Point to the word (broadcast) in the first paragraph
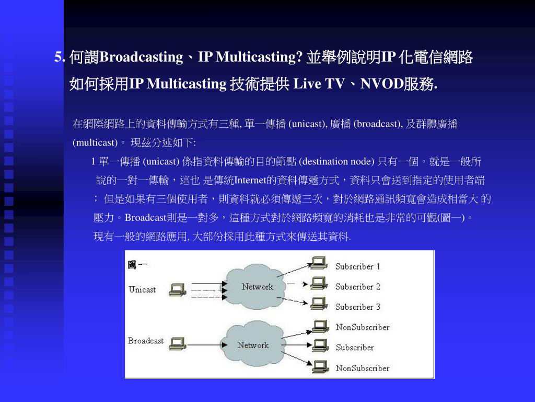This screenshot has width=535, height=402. [x=378, y=124]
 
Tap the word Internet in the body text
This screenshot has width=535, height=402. [x=250, y=181]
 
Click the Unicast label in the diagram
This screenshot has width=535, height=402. [x=142, y=289]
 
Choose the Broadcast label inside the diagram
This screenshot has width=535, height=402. [x=146, y=341]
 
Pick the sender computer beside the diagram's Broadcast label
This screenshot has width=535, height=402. [x=179, y=343]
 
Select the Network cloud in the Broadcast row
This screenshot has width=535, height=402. [x=253, y=345]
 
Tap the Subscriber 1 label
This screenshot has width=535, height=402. [x=358, y=266]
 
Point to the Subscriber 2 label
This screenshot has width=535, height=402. [x=358, y=287]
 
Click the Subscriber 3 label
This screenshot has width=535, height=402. [x=358, y=307]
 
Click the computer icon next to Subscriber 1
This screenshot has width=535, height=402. [x=318, y=264]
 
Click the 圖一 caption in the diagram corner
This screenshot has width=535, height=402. [x=137, y=265]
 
